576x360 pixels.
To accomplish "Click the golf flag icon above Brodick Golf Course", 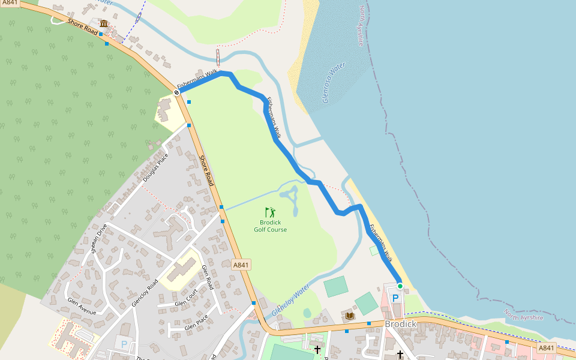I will [x=271, y=212].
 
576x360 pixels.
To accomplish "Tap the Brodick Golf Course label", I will [x=270, y=226].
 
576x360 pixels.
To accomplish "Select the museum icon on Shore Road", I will [x=104, y=24].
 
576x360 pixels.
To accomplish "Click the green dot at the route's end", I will [x=400, y=286].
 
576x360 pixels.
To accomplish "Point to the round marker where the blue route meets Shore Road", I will [x=177, y=92].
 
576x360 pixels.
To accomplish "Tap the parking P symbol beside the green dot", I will [x=395, y=298].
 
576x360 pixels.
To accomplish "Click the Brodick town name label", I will [x=400, y=324].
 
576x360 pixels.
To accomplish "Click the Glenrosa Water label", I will [x=334, y=83].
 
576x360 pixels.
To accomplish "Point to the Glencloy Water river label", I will [x=290, y=301].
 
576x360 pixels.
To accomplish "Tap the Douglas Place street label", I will [x=155, y=168].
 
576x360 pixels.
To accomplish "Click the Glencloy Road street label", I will [x=144, y=292].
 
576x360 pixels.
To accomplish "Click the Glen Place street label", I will [x=196, y=322].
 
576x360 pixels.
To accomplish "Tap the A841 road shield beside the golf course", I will [x=241, y=265].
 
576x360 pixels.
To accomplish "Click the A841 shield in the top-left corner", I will [x=9, y=3].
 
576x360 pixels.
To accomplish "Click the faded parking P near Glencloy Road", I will [x=124, y=344].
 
